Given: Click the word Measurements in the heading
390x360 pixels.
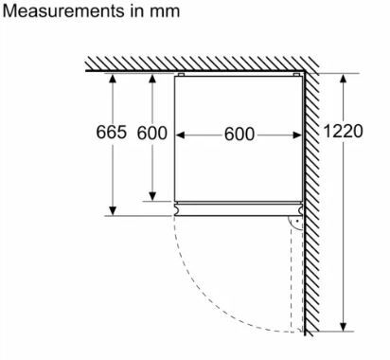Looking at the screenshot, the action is click(63, 11).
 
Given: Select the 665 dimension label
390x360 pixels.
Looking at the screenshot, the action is click(112, 132).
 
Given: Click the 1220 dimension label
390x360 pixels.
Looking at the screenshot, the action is click(344, 131).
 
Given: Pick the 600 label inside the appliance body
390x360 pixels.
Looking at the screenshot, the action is click(239, 135).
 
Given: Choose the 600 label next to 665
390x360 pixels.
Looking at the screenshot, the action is click(152, 133).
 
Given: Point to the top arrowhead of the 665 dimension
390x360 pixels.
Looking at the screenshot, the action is click(113, 79).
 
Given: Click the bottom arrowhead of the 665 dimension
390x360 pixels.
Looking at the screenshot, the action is click(113, 210).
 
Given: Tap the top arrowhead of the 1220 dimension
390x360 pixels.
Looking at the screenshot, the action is click(344, 79).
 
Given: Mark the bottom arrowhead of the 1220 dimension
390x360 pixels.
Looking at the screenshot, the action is click(344, 327).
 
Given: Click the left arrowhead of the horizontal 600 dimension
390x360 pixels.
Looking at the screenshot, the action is click(180, 135).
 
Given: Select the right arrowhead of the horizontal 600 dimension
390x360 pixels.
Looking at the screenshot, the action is click(297, 135).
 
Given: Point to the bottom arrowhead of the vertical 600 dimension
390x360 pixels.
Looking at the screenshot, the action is click(152, 196).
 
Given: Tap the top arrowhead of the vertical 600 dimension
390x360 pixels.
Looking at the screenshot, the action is click(152, 79).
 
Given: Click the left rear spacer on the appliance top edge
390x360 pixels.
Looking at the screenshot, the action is click(181, 75).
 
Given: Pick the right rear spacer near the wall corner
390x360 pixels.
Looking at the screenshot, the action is click(296, 75).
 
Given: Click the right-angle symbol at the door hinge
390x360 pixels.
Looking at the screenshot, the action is click(296, 223).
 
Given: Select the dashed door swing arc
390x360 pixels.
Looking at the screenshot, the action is click(214, 301).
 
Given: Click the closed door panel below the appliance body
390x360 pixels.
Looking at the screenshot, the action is click(239, 209).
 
